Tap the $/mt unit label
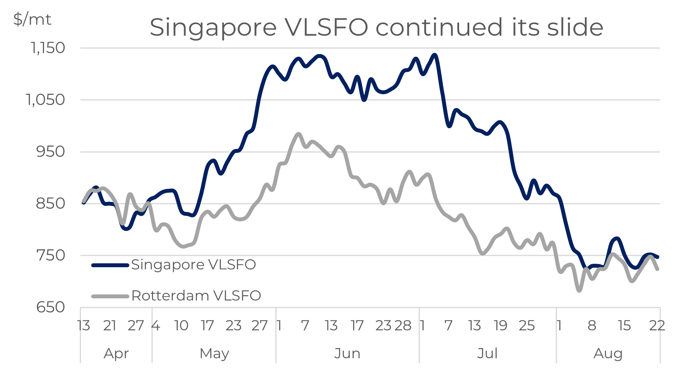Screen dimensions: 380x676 32,19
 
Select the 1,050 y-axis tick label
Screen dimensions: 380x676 46,100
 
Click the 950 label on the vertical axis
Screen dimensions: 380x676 51,151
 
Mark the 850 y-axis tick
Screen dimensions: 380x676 51,203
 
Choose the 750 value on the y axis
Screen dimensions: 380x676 51,255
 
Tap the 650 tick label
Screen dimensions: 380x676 51,307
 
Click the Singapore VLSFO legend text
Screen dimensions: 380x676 194,265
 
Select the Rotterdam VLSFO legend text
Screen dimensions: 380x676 196,296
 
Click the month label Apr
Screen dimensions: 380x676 116,354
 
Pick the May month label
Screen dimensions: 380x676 214,354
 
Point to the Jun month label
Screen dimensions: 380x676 347,354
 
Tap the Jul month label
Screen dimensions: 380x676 488,354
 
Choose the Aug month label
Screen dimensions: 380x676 608,354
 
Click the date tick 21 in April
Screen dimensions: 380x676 110,325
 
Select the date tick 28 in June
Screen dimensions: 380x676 403,325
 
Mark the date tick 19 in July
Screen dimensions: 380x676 500,325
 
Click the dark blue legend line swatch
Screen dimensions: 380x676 110,265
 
